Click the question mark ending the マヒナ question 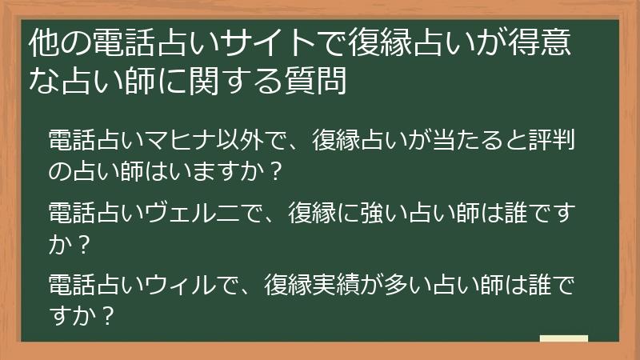pyautogui.click(x=277, y=171)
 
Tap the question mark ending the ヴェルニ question pyautogui.click(x=82, y=245)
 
